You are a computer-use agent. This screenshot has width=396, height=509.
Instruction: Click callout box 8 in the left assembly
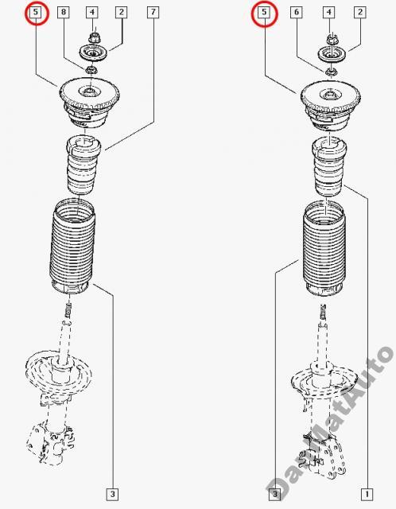click(x=64, y=13)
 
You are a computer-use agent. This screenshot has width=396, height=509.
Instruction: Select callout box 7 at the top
click(x=153, y=13)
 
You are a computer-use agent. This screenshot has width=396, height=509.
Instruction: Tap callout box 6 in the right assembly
click(x=297, y=13)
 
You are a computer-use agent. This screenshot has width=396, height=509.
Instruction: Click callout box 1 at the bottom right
click(x=367, y=495)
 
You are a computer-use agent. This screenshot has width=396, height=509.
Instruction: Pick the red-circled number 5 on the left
click(x=36, y=13)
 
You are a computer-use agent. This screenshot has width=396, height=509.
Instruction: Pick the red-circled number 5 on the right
click(x=264, y=13)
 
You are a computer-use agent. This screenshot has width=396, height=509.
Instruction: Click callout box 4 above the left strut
click(x=92, y=13)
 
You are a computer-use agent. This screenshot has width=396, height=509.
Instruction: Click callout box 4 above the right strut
click(x=329, y=13)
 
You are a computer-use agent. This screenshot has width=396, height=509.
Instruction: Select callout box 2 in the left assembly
click(x=121, y=13)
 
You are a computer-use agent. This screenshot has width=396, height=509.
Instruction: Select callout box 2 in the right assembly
click(x=360, y=13)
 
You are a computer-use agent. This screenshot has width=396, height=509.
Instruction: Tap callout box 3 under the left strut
click(x=112, y=495)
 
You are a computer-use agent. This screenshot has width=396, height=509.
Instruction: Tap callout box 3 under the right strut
click(x=274, y=495)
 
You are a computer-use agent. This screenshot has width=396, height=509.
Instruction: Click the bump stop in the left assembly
click(x=83, y=165)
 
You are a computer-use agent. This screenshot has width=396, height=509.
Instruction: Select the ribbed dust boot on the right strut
click(x=324, y=248)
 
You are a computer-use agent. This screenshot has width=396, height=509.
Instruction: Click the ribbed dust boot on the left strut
click(x=72, y=246)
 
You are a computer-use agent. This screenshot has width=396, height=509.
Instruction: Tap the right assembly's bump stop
click(x=329, y=166)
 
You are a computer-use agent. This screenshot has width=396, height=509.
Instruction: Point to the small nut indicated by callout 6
click(x=331, y=72)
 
